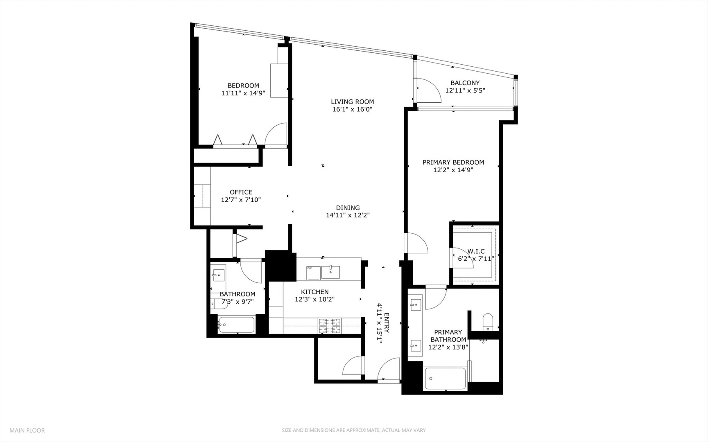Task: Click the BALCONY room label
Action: pos(465,83)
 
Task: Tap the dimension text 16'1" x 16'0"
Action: pos(352,109)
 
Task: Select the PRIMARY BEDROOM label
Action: pos(453,162)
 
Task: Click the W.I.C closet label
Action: pos(476,251)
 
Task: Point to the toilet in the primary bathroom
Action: pos(488,321)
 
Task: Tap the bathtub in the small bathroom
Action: pos(236,325)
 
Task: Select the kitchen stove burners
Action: pos(330,325)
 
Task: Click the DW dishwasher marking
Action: pos(310,268)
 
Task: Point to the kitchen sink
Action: pos(330,272)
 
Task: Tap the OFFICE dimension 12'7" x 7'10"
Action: pos(241,200)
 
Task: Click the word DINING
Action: pos(348,207)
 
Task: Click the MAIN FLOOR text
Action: pos(27,430)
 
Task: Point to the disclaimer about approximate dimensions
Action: pos(353,430)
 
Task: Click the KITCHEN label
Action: pos(314,292)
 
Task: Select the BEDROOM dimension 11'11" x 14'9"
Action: pos(243,93)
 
